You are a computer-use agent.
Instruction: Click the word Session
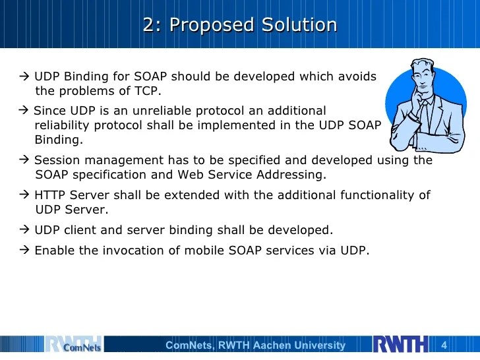coord(55,160)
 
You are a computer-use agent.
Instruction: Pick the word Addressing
coord(293,175)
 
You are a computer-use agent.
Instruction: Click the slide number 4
coord(444,345)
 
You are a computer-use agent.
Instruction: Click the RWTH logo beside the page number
coord(401,345)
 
